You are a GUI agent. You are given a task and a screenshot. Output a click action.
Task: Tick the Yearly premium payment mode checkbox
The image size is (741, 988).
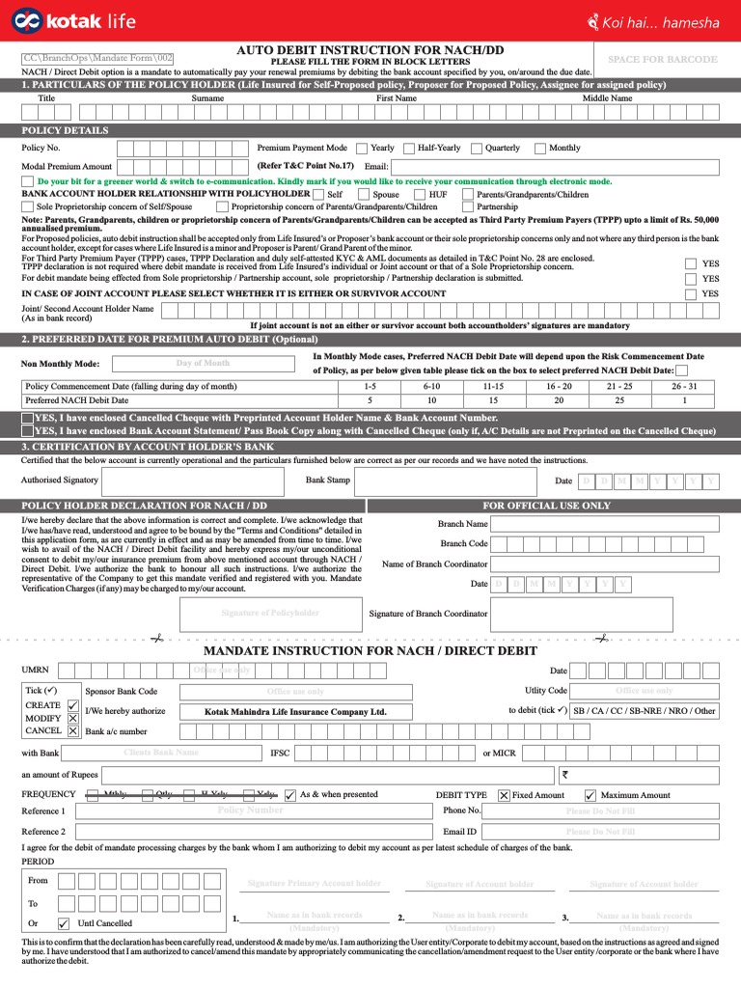pos(361,149)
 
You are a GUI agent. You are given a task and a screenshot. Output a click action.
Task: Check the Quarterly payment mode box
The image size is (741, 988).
pos(477,149)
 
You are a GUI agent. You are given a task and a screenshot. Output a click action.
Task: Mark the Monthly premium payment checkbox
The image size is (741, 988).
pos(540,149)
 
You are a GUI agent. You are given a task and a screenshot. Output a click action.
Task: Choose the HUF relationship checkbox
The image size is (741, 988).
pos(421,194)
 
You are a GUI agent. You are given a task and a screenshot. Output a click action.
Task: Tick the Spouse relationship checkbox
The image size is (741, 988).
pos(364,194)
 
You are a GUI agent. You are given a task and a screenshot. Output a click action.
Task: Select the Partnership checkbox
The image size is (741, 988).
pos(468,206)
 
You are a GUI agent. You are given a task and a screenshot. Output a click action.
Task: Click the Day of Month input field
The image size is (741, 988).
pos(203,364)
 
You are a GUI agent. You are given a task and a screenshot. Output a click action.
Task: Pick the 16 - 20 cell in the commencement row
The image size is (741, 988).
pos(559,386)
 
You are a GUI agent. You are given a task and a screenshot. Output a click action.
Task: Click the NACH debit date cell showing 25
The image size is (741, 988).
pos(619,399)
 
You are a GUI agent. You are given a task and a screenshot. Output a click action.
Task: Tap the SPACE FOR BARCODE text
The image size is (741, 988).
pos(662,60)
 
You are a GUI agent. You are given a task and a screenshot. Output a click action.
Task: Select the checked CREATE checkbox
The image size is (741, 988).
pos(73,705)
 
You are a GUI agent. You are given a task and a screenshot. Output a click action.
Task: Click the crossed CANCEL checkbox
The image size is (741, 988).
pos(73,730)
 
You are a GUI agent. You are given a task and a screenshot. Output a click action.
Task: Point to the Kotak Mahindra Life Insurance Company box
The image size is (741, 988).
pos(295,712)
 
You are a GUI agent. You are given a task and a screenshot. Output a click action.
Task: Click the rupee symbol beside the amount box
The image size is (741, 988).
pos(565,773)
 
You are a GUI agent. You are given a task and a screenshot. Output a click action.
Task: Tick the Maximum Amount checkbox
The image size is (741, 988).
pos(590,795)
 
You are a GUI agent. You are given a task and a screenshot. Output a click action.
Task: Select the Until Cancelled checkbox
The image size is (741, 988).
pos(64,922)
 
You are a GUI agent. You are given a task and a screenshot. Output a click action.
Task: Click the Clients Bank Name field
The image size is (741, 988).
pos(161,753)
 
